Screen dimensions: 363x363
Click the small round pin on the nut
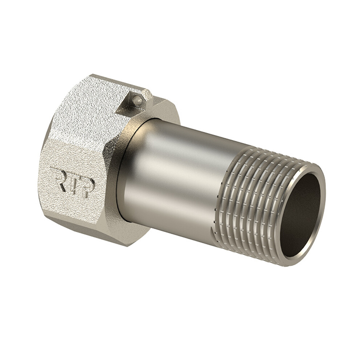point(137,101)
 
